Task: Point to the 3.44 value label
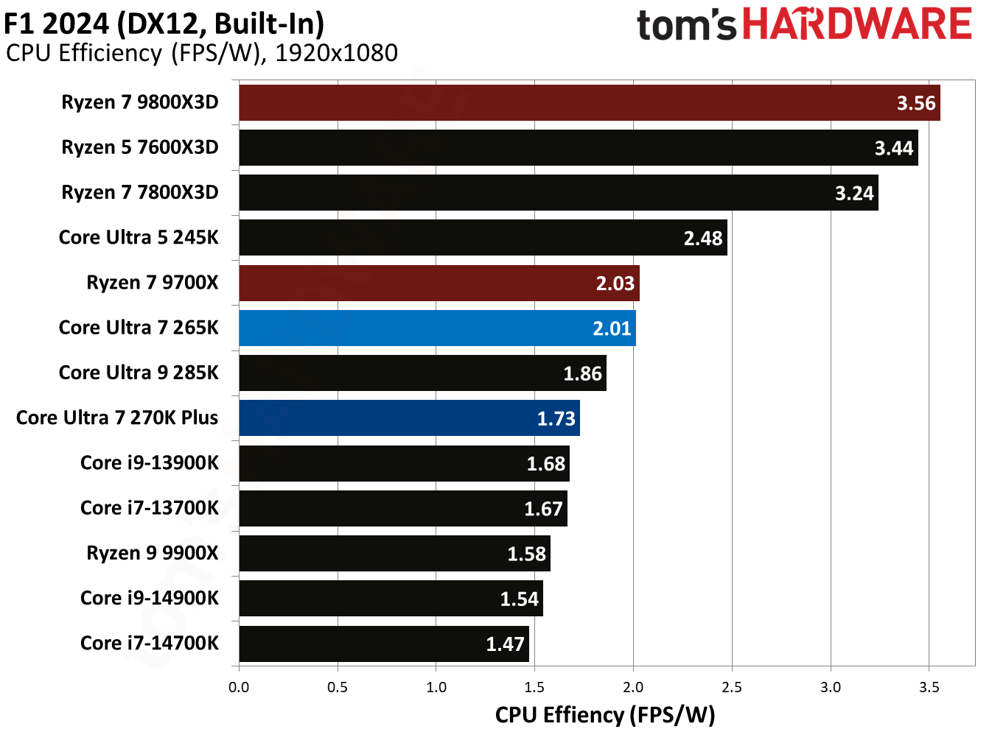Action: click(x=893, y=148)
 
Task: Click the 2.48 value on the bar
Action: click(x=702, y=238)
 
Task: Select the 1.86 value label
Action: click(x=582, y=373)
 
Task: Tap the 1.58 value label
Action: click(x=526, y=554)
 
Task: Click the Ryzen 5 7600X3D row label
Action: click(x=140, y=147)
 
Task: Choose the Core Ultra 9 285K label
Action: click(x=139, y=373)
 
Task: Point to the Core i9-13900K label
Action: click(x=150, y=462)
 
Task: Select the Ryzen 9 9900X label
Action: click(x=153, y=553)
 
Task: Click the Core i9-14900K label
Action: click(x=150, y=598)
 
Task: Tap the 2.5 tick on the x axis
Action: click(x=731, y=687)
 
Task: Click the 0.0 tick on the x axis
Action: click(x=239, y=687)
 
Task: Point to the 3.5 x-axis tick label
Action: click(x=929, y=687)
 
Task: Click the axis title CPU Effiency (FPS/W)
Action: click(x=605, y=715)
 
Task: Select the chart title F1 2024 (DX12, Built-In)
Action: click(x=164, y=24)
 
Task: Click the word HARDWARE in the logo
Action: click(x=857, y=24)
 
